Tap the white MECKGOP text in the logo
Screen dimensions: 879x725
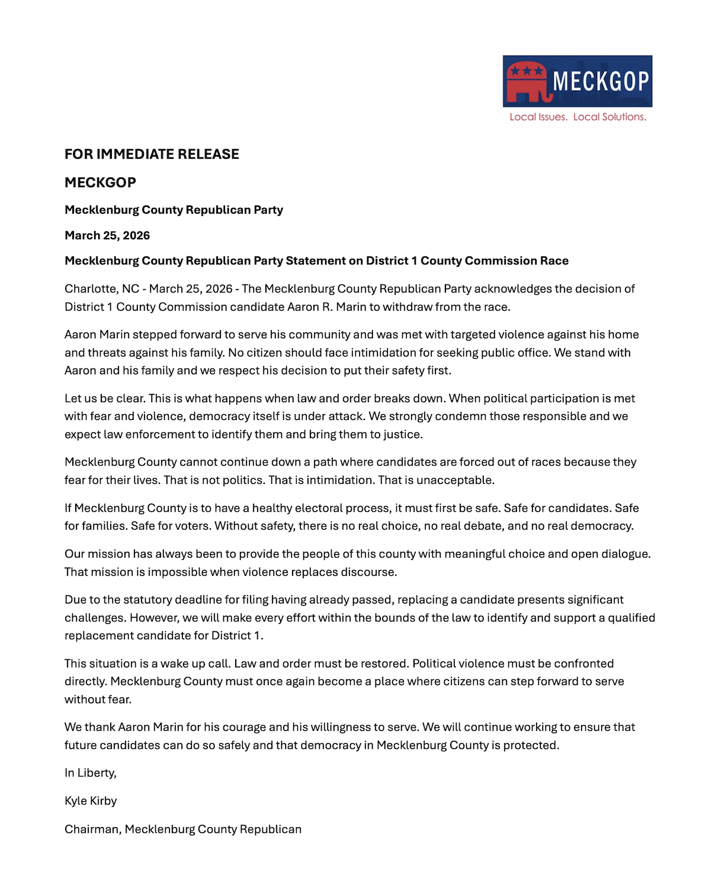(x=601, y=81)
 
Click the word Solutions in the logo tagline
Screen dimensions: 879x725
(x=624, y=117)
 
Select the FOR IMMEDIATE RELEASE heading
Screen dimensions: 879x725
(x=152, y=155)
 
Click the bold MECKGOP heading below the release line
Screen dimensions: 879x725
(x=100, y=182)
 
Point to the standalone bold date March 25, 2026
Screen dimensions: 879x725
(x=107, y=236)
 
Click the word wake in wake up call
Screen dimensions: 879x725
(x=174, y=664)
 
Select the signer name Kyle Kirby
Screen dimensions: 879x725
(x=91, y=801)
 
